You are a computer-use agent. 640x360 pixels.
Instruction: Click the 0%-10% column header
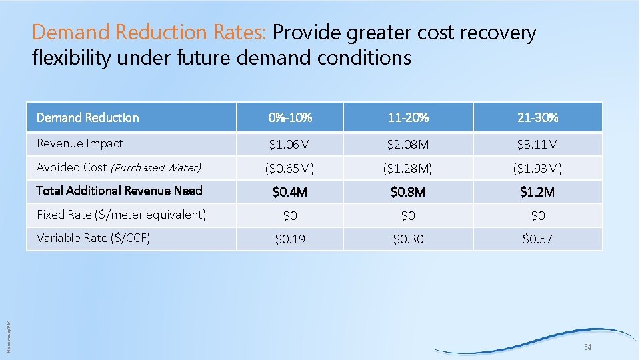(x=290, y=118)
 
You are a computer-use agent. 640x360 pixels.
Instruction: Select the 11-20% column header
(x=408, y=118)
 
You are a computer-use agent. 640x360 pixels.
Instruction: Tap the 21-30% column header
(x=537, y=118)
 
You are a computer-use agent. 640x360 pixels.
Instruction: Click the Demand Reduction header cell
(x=87, y=118)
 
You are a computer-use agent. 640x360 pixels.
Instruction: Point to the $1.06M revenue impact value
(x=290, y=144)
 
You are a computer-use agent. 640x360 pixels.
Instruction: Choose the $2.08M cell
(x=408, y=144)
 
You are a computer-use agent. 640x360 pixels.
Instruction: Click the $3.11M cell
(x=537, y=144)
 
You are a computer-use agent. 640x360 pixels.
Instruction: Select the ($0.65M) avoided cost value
(x=290, y=168)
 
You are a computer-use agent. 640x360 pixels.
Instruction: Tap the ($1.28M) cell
(x=408, y=168)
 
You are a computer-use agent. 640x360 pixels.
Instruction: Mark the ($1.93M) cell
(x=537, y=168)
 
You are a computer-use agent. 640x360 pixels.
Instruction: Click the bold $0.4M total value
(x=290, y=192)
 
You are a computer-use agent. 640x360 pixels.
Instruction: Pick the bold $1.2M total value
(x=537, y=192)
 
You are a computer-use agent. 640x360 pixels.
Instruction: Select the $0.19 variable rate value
(x=290, y=239)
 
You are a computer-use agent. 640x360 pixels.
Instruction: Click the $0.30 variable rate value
(x=408, y=239)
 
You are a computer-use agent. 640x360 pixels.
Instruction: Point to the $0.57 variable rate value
(x=537, y=239)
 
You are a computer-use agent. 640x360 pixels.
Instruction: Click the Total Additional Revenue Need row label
(x=119, y=191)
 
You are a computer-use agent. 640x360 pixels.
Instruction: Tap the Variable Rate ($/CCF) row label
(x=93, y=238)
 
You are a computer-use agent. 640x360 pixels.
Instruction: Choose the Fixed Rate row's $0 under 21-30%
(x=537, y=215)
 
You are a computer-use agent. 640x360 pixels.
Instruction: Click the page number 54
(x=587, y=348)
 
